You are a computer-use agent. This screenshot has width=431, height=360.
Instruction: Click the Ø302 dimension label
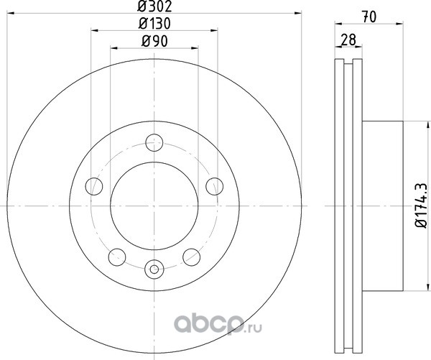pos(154,6)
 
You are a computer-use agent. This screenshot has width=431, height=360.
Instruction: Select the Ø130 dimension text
pos(154,24)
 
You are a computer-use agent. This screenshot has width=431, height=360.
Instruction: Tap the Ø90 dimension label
pos(154,42)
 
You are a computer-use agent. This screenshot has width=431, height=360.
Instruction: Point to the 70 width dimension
pos(369,17)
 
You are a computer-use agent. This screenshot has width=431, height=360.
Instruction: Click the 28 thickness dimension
pos(348,40)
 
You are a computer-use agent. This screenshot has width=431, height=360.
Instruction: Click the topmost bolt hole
pos(154,142)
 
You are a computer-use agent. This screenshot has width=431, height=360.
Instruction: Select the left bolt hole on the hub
pos(94,186)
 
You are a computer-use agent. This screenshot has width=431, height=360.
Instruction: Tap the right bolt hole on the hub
pos(214,186)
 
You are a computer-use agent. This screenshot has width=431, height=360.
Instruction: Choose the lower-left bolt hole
pos(117,257)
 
